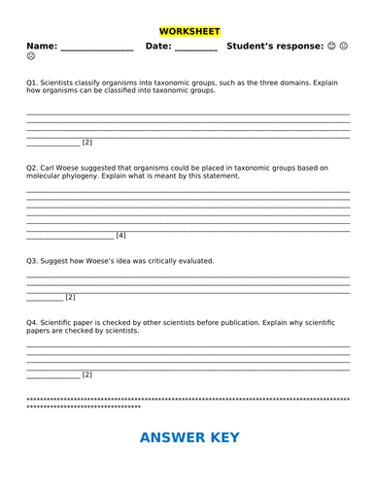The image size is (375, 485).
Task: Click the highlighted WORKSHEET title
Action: (187, 31)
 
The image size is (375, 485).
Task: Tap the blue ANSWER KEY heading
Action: (189, 437)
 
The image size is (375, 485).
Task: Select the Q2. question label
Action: (33, 168)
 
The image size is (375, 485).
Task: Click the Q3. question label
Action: (33, 261)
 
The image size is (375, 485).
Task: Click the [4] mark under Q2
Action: (120, 236)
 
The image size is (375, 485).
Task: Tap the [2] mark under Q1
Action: (86, 143)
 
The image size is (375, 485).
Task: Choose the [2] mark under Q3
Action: (70, 297)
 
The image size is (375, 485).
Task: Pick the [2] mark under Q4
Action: (86, 374)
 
